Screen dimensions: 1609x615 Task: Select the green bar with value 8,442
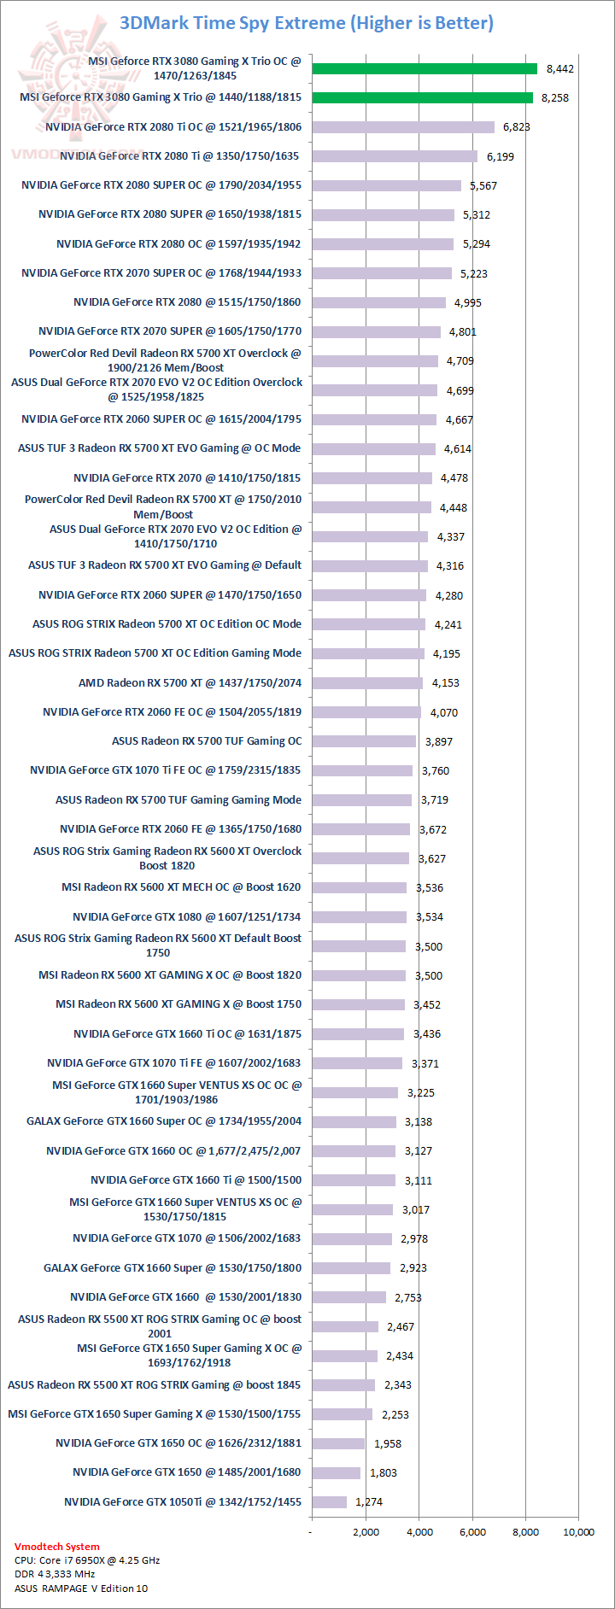(x=425, y=68)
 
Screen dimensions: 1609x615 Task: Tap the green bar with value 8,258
(x=422, y=97)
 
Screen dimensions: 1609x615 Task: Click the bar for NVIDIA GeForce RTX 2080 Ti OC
(x=403, y=127)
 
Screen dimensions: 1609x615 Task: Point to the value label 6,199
(x=501, y=156)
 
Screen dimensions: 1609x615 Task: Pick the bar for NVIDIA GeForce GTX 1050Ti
(x=330, y=1501)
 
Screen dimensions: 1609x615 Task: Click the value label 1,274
(x=369, y=1501)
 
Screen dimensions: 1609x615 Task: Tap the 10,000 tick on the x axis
(x=578, y=1531)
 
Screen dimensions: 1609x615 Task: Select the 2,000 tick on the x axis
(x=366, y=1531)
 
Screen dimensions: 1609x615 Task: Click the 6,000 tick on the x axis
(x=472, y=1531)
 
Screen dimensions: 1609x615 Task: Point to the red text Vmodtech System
(x=56, y=1547)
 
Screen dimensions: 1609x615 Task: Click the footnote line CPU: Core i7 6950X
(x=87, y=1560)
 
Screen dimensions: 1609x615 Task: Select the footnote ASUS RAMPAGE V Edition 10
(x=81, y=1589)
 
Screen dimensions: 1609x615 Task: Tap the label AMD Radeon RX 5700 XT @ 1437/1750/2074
(x=190, y=682)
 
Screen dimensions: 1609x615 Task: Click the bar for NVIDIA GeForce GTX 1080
(x=359, y=917)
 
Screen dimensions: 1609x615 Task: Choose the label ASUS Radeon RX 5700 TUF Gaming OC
(x=207, y=741)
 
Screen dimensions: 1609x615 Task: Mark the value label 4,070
(x=444, y=712)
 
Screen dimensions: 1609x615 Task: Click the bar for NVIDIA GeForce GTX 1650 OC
(x=338, y=1443)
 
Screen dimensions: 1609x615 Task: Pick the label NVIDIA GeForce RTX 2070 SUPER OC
(x=161, y=273)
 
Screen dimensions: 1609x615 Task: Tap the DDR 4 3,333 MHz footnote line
(x=55, y=1574)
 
